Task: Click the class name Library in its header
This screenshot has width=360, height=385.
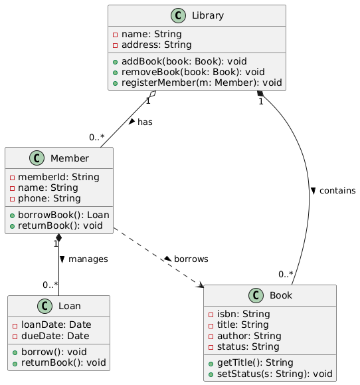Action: pos(207,15)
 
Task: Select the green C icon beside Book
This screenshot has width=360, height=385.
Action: pos(256,295)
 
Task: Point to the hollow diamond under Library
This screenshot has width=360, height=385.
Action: pos(153,94)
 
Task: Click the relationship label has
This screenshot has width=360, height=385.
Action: pos(145,122)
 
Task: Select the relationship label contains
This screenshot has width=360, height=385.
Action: pos(337,191)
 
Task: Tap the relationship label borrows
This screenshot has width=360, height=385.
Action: pos(191,259)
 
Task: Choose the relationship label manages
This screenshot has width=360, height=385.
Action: pos(88,259)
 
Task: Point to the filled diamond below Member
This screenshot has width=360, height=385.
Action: pos(58,237)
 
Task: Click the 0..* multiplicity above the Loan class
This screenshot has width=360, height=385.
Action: pos(50,285)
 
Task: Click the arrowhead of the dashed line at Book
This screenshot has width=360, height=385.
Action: pos(202,285)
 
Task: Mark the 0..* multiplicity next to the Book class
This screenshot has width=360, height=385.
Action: pos(286,274)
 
